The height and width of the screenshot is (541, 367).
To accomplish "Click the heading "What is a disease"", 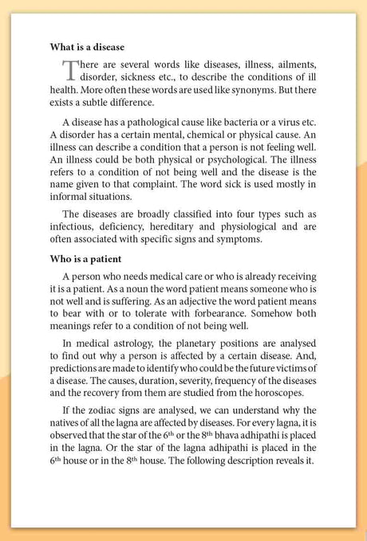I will click(87, 47).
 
